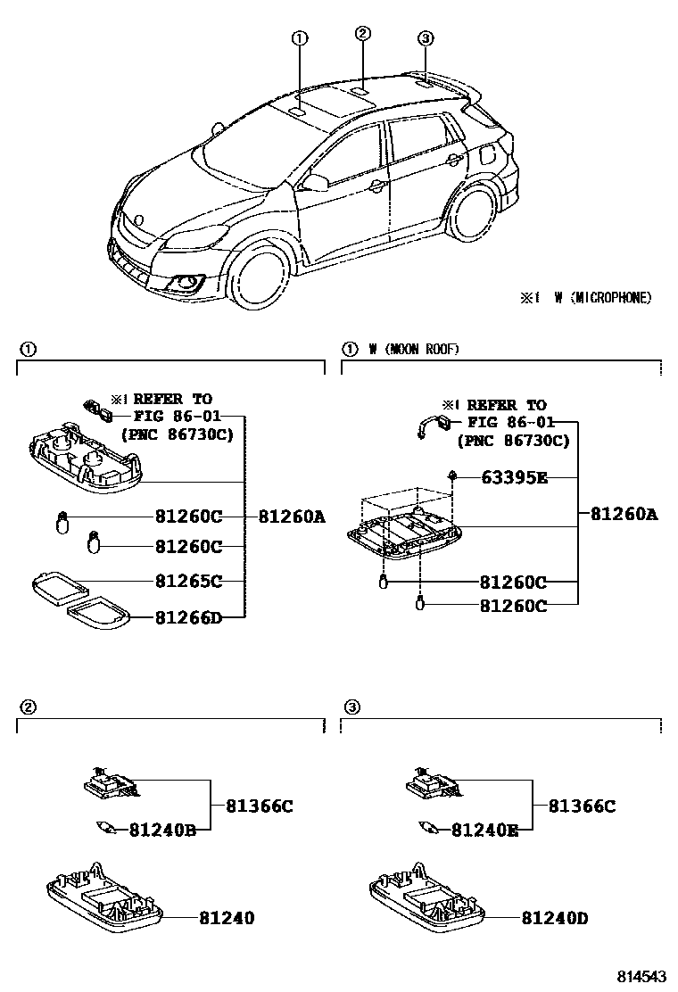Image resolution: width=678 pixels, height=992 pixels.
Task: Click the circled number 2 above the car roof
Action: pos(362,34)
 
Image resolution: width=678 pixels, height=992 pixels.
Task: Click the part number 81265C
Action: pos(187,581)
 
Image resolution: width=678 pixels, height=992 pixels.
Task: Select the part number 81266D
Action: pos(187,616)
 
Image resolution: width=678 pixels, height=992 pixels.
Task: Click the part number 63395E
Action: pos(513,478)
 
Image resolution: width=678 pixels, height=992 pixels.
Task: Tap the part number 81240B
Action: pos(161,830)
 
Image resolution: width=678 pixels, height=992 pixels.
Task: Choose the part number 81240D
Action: pos(554,918)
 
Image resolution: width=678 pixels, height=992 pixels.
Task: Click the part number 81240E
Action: pos(484,830)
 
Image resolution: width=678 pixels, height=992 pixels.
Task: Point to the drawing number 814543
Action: pos(644,977)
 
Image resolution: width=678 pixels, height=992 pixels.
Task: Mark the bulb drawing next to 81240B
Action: pos(106,826)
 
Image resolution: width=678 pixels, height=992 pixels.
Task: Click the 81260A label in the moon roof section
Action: pos(623,515)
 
